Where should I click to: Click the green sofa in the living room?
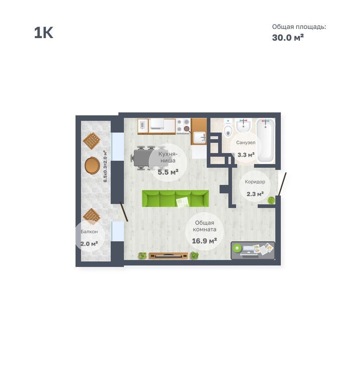click(x=175, y=198)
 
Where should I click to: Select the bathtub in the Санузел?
click(x=266, y=141)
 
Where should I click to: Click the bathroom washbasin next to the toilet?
click(x=243, y=126)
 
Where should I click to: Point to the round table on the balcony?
click(x=92, y=166)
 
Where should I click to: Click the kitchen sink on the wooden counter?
click(x=199, y=138)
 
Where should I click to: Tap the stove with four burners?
click(x=183, y=126)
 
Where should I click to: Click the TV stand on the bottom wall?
click(x=168, y=256)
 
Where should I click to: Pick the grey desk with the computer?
click(x=253, y=250)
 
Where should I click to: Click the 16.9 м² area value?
click(x=205, y=241)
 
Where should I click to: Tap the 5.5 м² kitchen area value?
click(x=168, y=172)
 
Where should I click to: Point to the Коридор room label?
click(x=255, y=182)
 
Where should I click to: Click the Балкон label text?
click(x=89, y=231)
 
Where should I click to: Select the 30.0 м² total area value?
click(x=288, y=37)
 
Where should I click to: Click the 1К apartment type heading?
click(x=44, y=33)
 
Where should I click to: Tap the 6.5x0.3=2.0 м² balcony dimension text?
click(x=105, y=166)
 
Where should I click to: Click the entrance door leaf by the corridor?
click(x=282, y=184)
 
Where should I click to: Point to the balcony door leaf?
click(x=124, y=212)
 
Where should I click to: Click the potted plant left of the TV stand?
click(x=142, y=256)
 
